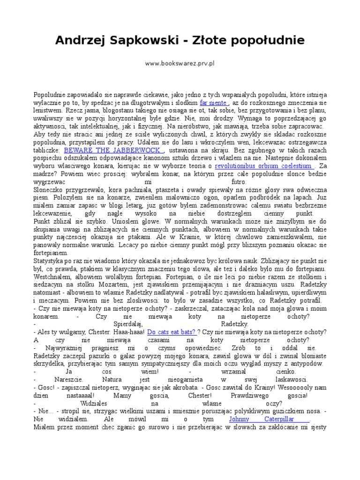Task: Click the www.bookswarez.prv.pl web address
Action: coord(180,62)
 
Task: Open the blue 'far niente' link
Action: coord(213,102)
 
